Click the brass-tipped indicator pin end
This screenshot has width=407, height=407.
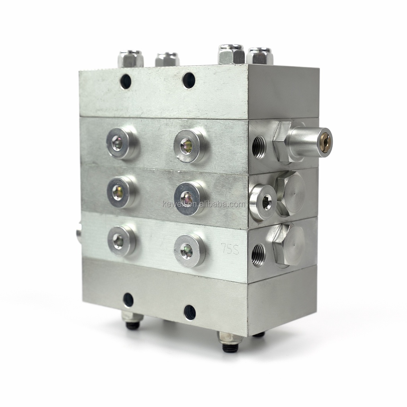325,142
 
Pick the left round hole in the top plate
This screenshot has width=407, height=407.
126,81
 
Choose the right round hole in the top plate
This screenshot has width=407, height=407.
189,80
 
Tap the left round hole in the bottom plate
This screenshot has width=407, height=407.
128,300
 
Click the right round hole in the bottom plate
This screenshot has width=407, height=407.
190,312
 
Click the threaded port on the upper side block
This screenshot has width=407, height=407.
259,147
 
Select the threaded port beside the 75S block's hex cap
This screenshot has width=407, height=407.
258,255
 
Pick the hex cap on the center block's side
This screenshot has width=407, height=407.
290,194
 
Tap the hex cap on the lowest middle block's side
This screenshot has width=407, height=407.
289,245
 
